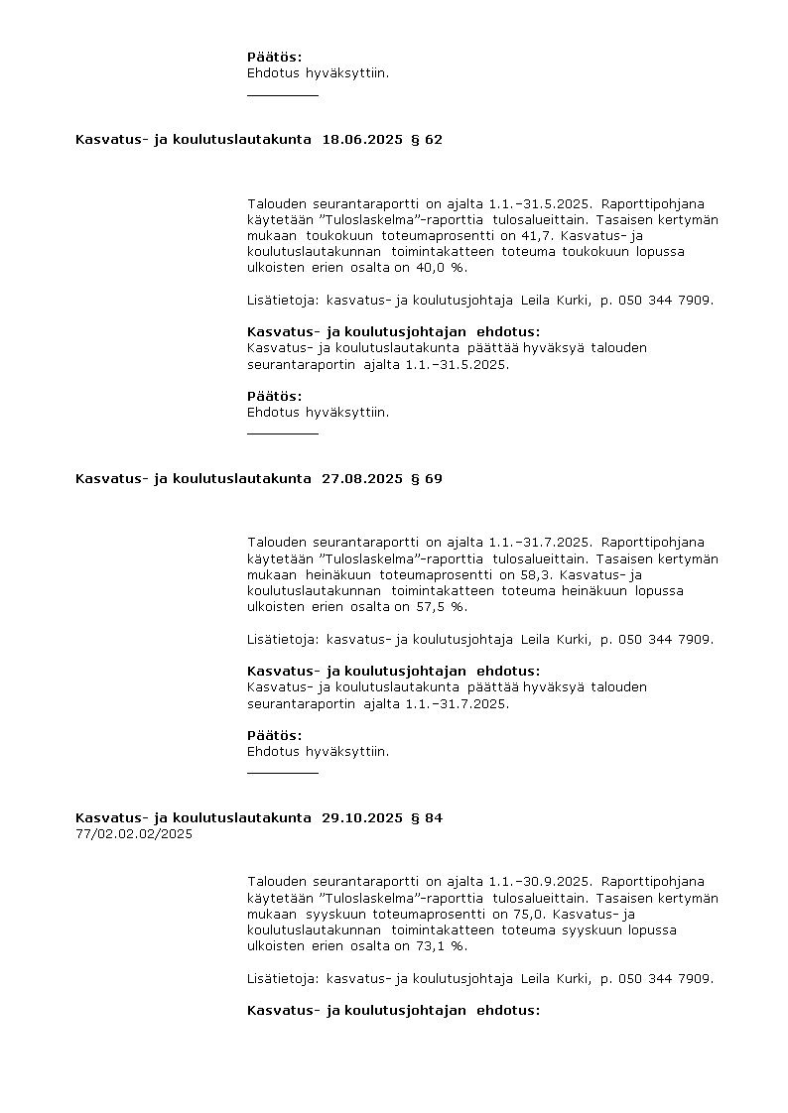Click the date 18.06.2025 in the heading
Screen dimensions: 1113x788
[x=362, y=140]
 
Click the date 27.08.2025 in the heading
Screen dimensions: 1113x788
[x=362, y=479]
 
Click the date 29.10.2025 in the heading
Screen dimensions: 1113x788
[x=362, y=818]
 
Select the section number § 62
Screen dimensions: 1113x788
[x=427, y=140]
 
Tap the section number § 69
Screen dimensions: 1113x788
[x=427, y=479]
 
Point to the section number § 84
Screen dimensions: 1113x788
[x=427, y=818]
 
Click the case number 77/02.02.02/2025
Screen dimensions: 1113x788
[x=134, y=834]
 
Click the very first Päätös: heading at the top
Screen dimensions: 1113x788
[x=274, y=58]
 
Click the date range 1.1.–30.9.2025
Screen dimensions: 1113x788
[x=541, y=882]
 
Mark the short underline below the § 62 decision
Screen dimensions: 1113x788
[x=283, y=433]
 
